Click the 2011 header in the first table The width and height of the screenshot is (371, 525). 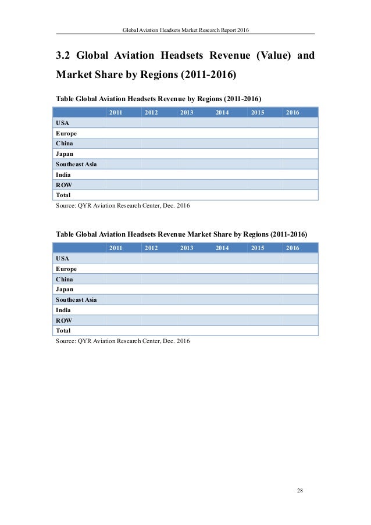[x=116, y=112]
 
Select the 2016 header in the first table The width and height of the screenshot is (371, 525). [x=292, y=112]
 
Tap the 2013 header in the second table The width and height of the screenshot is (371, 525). [x=187, y=248]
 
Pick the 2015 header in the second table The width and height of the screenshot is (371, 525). [x=257, y=248]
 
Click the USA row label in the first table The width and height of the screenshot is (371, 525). [x=61, y=123]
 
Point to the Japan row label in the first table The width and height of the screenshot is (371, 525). [x=64, y=153]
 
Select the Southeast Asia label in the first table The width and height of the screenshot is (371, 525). [x=76, y=164]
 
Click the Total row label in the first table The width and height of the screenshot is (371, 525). [x=63, y=195]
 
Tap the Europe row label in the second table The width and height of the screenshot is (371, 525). [x=66, y=269]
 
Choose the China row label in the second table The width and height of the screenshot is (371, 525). [x=65, y=279]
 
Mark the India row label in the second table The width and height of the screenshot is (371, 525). [x=63, y=310]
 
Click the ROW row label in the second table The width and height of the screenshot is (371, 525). [x=63, y=320]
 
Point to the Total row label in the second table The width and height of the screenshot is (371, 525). [x=63, y=331]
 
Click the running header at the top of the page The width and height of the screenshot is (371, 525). [x=185, y=30]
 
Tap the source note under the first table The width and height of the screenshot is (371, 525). [x=123, y=206]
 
